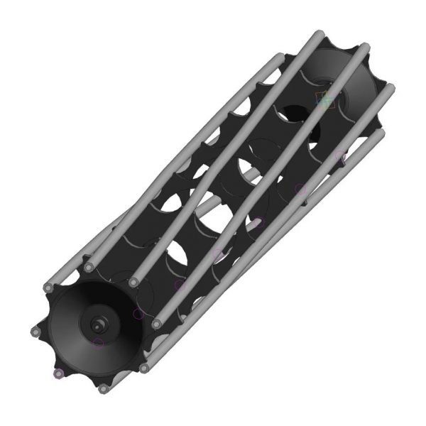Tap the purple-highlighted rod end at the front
[59, 373]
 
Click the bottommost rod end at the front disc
[103, 389]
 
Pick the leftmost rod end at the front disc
[35, 332]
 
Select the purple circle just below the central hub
[99, 343]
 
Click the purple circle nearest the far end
[340, 156]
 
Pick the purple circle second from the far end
[300, 189]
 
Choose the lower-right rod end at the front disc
[144, 368]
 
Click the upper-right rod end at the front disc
[133, 283]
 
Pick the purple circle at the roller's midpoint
[219, 253]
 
